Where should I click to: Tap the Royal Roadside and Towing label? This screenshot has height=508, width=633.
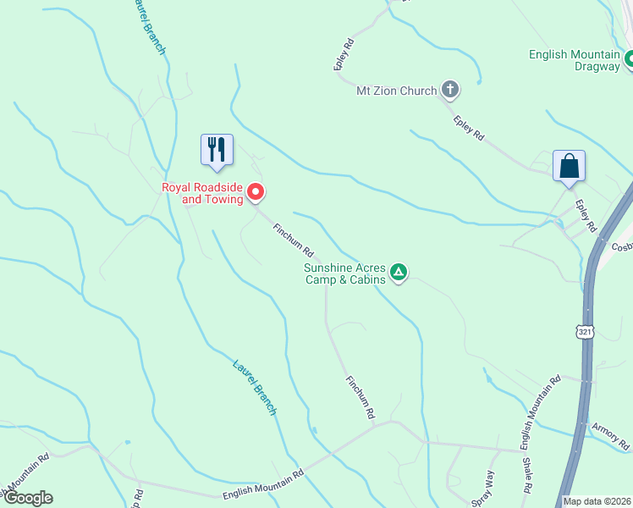pos(202,193)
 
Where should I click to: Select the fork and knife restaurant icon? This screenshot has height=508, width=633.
pos(216,149)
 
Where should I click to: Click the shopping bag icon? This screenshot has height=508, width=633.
pos(569,165)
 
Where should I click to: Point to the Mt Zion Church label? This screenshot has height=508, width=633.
pos(396,91)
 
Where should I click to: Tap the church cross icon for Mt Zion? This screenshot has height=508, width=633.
pos(451,90)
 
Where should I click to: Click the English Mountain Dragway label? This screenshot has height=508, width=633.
pos(575,60)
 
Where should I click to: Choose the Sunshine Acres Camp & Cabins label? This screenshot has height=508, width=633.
pos(345,273)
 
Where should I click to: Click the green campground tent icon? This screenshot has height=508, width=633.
pos(399,273)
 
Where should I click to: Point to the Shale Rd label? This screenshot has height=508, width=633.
pos(527,476)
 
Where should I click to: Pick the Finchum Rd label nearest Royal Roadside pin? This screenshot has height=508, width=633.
pos(294,240)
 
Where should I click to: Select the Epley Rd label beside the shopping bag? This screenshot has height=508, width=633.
pos(586,217)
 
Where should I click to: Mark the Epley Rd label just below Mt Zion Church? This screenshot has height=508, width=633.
pos(468,127)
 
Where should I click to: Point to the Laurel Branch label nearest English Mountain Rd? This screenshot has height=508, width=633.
pos(255,387)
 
